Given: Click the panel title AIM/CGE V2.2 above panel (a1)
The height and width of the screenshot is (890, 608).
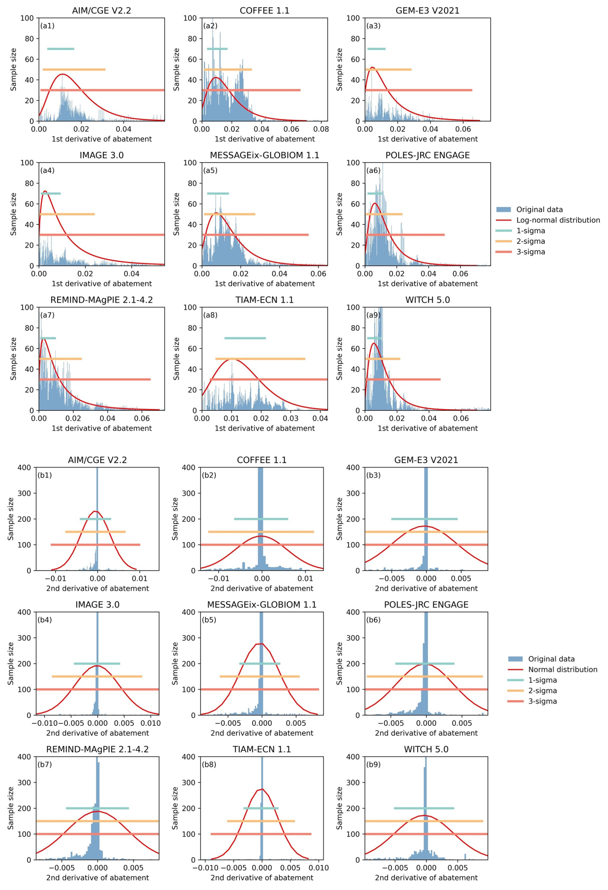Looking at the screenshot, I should pyautogui.click(x=102, y=11).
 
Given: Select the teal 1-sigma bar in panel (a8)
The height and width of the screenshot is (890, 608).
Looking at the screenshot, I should pyautogui.click(x=245, y=338).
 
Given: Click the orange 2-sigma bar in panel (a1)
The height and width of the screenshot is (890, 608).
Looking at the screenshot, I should pyautogui.click(x=74, y=69).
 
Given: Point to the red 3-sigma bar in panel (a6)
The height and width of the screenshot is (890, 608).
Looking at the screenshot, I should pyautogui.click(x=405, y=235).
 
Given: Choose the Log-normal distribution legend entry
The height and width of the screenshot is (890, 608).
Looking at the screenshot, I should pyautogui.click(x=558, y=220).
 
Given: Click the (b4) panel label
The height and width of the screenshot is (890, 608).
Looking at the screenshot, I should pyautogui.click(x=44, y=620).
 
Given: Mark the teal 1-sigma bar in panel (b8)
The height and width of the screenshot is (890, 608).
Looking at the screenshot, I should pyautogui.click(x=261, y=808).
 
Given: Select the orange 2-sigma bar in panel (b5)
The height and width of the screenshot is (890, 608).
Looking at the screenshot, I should pyautogui.click(x=260, y=676).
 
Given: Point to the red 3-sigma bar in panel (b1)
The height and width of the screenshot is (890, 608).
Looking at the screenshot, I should pyautogui.click(x=95, y=545).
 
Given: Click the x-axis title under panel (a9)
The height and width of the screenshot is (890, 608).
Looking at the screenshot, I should pyautogui.click(x=427, y=428).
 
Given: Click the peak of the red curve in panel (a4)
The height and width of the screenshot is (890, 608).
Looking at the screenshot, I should pyautogui.click(x=45, y=191).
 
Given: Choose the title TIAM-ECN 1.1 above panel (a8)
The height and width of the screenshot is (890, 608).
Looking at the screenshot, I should pyautogui.click(x=264, y=300).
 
